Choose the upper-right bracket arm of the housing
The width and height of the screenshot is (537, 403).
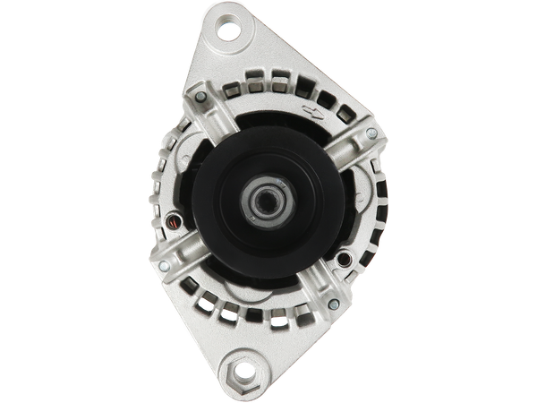(x=345, y=148)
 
